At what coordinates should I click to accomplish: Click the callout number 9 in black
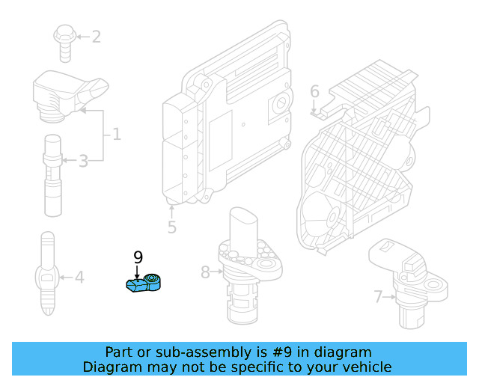pyautogui.click(x=138, y=257)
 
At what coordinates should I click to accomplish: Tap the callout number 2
pyautogui.click(x=96, y=36)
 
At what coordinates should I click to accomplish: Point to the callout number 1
pyautogui.click(x=116, y=135)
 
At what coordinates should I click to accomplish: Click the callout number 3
pyautogui.click(x=83, y=160)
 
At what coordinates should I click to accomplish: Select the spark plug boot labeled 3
pyautogui.click(x=52, y=168)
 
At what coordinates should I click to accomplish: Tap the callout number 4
pyautogui.click(x=79, y=278)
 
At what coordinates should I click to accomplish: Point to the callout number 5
pyautogui.click(x=171, y=226)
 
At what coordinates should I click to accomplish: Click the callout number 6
pyautogui.click(x=314, y=91)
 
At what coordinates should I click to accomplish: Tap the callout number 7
pyautogui.click(x=378, y=297)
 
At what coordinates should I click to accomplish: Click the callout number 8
pyautogui.click(x=205, y=272)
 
